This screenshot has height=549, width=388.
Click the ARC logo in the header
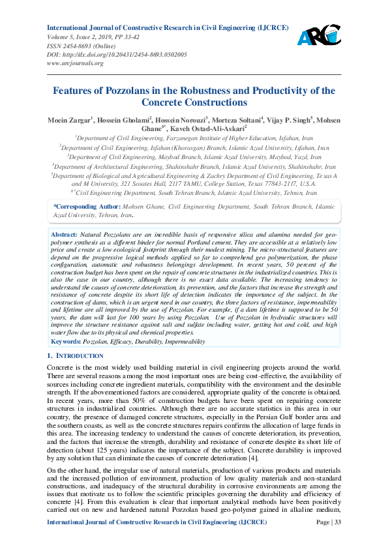click(x=319, y=35)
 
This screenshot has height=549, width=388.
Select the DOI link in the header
click(x=117, y=55)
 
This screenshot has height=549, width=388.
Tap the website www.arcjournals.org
click(x=75, y=63)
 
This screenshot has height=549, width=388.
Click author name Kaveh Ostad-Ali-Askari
click(x=210, y=128)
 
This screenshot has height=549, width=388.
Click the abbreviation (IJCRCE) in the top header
click(x=269, y=29)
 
